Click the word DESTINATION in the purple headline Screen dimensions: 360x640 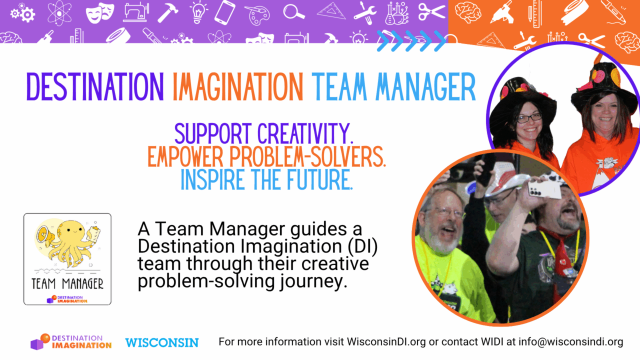[x=94, y=87]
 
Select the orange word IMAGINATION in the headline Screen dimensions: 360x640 [x=237, y=87]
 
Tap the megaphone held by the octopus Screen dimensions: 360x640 [x=43, y=232]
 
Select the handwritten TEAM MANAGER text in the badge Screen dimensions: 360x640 [x=67, y=284]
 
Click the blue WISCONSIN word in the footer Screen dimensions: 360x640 [x=161, y=342]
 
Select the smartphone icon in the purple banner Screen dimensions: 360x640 [x=224, y=12]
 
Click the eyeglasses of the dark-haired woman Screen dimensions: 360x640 [x=528, y=118]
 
